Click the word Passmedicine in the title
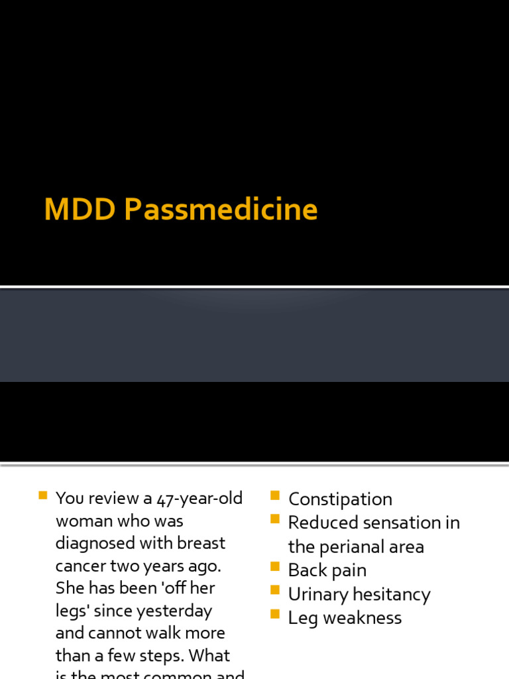pyautogui.click(x=221, y=210)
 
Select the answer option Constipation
pyautogui.click(x=340, y=499)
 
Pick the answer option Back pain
pyautogui.click(x=327, y=571)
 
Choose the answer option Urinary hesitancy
pyautogui.click(x=359, y=595)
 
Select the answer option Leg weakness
pyautogui.click(x=345, y=618)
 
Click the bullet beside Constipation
pyautogui.click(x=275, y=495)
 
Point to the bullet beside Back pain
pyautogui.click(x=275, y=567)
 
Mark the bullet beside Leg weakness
pyautogui.click(x=275, y=615)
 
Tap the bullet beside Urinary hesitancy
pyautogui.click(x=275, y=591)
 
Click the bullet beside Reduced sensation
pyautogui.click(x=275, y=519)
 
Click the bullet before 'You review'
pyautogui.click(x=43, y=495)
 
